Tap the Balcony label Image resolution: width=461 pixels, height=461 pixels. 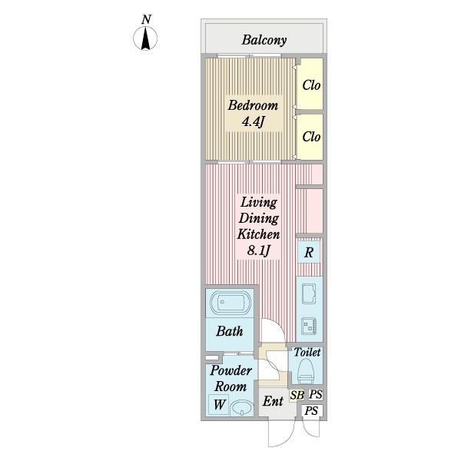click(264, 40)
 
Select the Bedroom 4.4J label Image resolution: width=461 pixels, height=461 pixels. click(252, 114)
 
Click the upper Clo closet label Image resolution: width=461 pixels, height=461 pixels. click(310, 85)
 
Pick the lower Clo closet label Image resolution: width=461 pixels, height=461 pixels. click(310, 137)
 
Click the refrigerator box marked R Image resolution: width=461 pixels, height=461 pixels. click(309, 252)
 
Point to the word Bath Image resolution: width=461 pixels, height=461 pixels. click(229, 332)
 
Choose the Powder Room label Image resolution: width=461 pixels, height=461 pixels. click(230, 379)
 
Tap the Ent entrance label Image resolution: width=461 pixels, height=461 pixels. click(273, 402)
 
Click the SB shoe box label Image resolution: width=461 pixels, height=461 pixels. click(297, 396)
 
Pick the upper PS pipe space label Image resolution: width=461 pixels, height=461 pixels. click(315, 395)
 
